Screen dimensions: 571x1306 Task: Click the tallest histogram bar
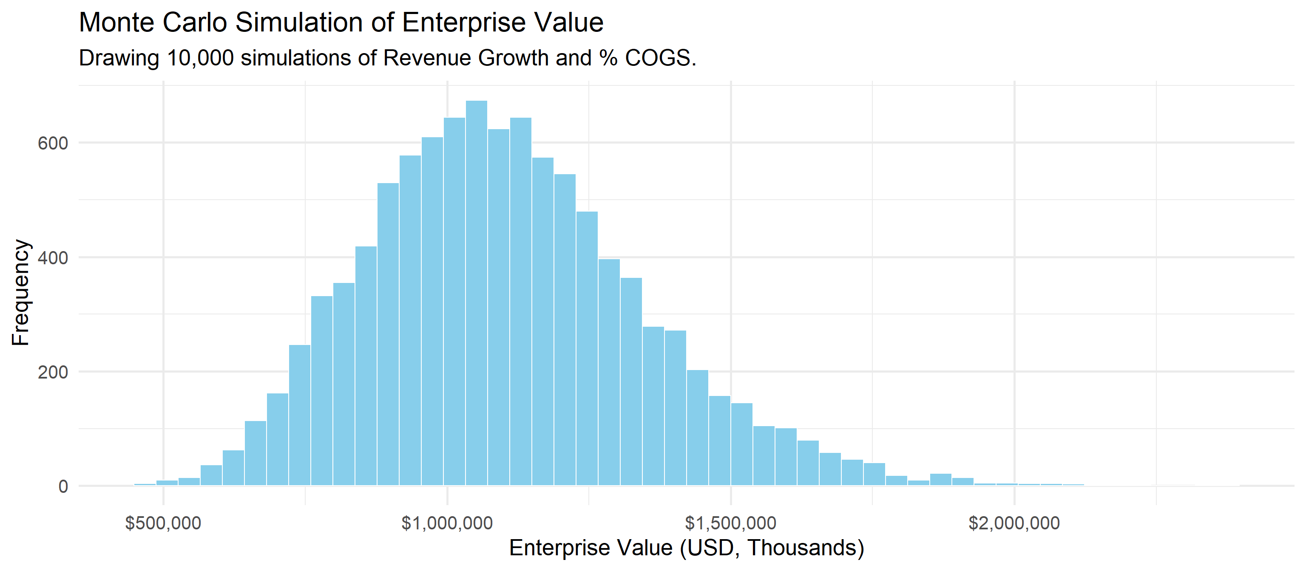(x=477, y=294)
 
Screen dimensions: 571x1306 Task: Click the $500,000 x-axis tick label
(x=163, y=523)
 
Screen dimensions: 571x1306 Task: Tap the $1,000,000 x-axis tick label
(x=447, y=523)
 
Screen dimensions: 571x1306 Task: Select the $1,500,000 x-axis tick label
(x=730, y=523)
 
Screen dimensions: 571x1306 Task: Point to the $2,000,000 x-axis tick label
(x=1014, y=523)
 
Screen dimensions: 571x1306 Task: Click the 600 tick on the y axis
(x=53, y=143)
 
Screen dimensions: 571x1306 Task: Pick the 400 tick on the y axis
(x=53, y=258)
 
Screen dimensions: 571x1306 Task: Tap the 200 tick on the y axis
(x=53, y=373)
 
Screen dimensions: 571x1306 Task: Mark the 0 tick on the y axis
(x=63, y=487)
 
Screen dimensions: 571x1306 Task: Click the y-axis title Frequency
(x=21, y=292)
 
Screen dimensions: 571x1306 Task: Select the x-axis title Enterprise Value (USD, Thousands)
(x=687, y=548)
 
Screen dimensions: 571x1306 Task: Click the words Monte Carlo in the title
(x=153, y=23)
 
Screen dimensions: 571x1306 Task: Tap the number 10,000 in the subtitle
(x=200, y=58)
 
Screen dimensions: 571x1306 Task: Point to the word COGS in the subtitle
(x=658, y=58)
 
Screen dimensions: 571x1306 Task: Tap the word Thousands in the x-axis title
(x=801, y=548)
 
